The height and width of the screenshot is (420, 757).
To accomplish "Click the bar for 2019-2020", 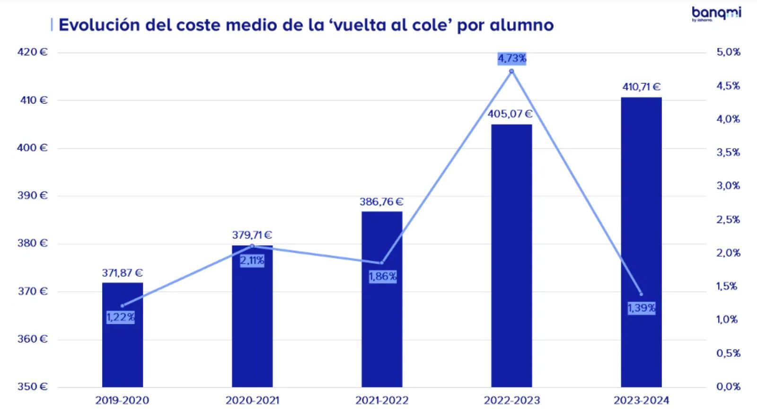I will tap(123, 350).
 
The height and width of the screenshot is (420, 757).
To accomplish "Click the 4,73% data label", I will tap(512, 59).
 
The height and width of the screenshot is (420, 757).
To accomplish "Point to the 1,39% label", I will tap(642, 308).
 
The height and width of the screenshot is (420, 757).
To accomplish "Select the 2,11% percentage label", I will tap(252, 261).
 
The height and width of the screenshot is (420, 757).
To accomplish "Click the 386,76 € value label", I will tap(381, 202).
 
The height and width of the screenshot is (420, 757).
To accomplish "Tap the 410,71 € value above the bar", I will tap(641, 87).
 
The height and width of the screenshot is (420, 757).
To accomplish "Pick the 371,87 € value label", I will tap(122, 273).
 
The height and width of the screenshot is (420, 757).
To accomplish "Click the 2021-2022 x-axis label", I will tap(382, 401).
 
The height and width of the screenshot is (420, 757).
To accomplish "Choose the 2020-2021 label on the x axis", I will tap(252, 401).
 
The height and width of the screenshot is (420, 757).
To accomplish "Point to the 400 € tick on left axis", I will tap(33, 148).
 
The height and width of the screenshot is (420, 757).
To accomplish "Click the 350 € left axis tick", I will tap(33, 387).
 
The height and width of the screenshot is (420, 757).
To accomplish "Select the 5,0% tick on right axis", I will tap(728, 52).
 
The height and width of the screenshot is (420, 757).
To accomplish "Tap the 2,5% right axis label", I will tap(728, 219).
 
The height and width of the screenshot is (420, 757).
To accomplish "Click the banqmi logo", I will tap(716, 14).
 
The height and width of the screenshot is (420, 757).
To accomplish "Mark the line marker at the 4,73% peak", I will tap(511, 71).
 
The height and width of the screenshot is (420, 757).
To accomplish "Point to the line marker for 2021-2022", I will tap(382, 263).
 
